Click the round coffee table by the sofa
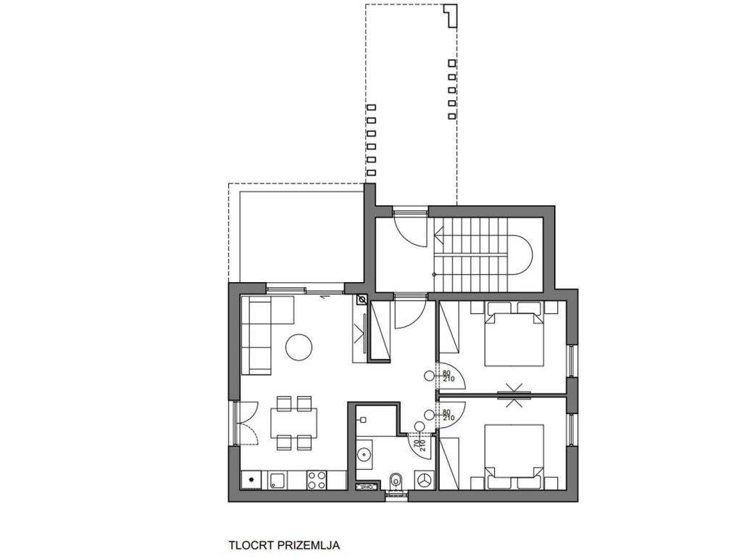(x=299, y=347)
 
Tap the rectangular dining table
(x=294, y=423)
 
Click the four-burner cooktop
(x=316, y=479)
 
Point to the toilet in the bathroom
(x=396, y=481)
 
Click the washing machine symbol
(x=423, y=480)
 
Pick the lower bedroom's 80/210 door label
(x=448, y=414)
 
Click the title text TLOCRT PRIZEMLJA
(x=284, y=545)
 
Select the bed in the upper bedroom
(x=514, y=339)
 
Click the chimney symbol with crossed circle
(x=362, y=300)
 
